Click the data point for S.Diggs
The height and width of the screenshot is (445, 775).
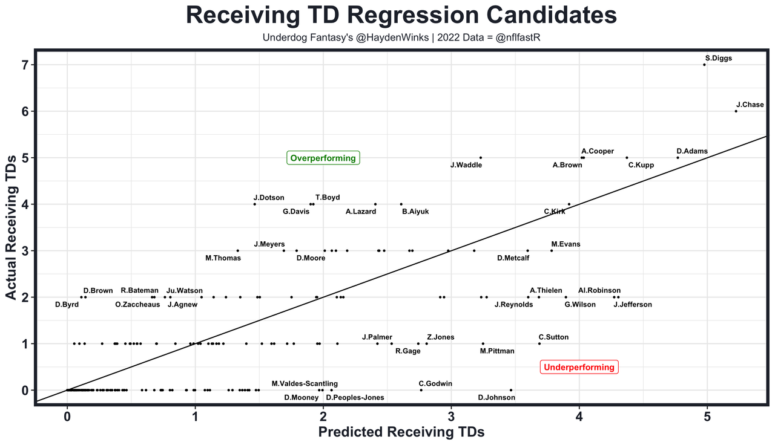click(x=704, y=65)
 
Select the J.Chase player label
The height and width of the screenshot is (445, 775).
click(x=750, y=105)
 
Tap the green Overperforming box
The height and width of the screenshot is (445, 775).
click(x=323, y=158)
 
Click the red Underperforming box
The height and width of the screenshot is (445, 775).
click(x=579, y=367)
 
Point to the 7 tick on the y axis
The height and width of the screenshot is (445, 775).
click(x=26, y=65)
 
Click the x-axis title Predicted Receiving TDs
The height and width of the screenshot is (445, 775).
click(x=401, y=432)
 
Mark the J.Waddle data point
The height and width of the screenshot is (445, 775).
click(x=481, y=158)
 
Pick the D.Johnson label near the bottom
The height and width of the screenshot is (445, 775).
click(x=496, y=398)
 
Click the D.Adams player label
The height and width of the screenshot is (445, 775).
click(x=692, y=151)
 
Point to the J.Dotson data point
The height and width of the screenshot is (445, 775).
click(x=254, y=204)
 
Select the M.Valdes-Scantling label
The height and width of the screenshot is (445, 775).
click(x=305, y=383)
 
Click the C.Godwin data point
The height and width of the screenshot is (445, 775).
click(x=421, y=390)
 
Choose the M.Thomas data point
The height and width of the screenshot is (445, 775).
click(x=237, y=250)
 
